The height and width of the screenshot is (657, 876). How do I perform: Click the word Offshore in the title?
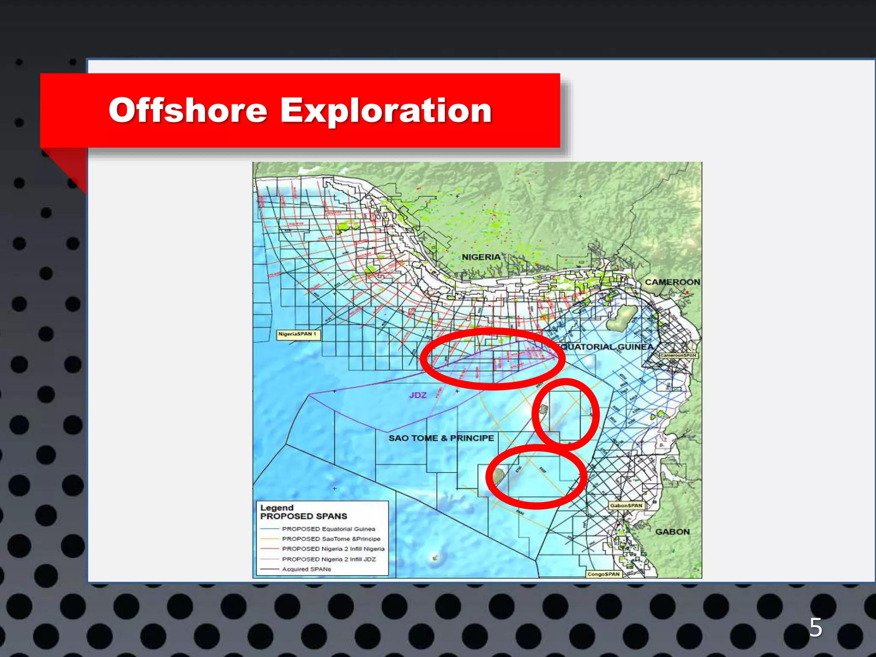(x=188, y=110)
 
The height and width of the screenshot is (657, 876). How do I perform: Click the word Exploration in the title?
(x=386, y=110)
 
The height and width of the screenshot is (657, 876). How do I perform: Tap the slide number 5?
(x=815, y=627)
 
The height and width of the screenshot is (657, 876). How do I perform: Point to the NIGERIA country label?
(x=481, y=257)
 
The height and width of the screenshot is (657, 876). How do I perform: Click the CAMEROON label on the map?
(x=672, y=282)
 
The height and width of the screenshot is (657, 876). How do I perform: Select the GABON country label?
(x=672, y=532)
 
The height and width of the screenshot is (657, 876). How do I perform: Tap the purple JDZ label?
(x=417, y=395)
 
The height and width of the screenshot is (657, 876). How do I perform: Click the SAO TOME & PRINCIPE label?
(x=441, y=438)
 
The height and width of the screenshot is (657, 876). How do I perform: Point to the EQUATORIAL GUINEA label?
(x=607, y=347)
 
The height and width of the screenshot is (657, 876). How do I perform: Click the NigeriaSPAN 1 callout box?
(x=297, y=334)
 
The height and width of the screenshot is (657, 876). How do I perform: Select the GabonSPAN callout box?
(x=626, y=506)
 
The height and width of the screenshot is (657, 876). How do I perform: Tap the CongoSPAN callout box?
(x=603, y=574)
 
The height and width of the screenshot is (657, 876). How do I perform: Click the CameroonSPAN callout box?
(x=678, y=355)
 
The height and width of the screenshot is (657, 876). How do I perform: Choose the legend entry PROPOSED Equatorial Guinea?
(x=328, y=529)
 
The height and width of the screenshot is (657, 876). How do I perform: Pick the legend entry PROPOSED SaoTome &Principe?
(x=331, y=539)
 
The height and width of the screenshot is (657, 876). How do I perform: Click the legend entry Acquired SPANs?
(x=306, y=569)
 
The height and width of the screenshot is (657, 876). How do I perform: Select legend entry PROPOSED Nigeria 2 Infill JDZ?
(x=328, y=559)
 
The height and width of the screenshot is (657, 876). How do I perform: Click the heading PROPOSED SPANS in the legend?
(x=304, y=516)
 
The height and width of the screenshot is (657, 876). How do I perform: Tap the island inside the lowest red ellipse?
(x=498, y=476)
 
